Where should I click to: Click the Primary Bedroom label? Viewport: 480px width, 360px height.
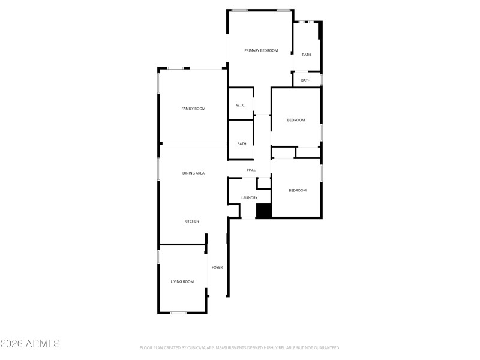[x=261, y=50]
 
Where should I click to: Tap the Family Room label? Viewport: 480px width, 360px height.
[x=193, y=109]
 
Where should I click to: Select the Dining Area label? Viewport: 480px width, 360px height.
[x=193, y=173]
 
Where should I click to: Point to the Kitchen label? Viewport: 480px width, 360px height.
[x=191, y=221]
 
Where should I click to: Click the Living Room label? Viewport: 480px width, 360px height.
[x=182, y=281]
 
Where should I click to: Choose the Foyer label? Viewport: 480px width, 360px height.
[x=217, y=268]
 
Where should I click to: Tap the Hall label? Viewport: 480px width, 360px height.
[x=251, y=170]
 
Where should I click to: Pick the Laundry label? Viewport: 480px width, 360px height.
[x=249, y=198]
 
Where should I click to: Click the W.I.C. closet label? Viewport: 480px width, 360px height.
[x=241, y=106]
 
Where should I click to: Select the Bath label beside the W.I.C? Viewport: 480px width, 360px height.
[x=242, y=144]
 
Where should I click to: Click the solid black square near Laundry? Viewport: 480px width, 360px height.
[x=264, y=211]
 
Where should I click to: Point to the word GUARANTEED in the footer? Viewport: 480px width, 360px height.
[x=326, y=348]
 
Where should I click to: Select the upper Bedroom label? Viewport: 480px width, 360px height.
[x=296, y=120]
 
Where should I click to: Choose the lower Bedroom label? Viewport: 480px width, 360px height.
[x=298, y=191]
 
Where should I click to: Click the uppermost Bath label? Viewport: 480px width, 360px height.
[x=307, y=55]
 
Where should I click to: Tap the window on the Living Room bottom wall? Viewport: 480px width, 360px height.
[x=178, y=313]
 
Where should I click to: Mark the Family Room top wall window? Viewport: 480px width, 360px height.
[x=175, y=68]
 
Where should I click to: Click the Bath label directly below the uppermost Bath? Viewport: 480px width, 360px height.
[x=306, y=80]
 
